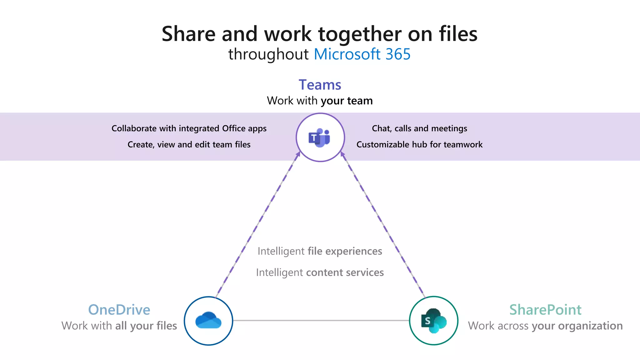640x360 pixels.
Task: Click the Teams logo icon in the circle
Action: [x=320, y=137]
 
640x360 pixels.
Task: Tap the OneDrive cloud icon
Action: [x=208, y=321]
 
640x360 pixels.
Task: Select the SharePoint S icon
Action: [x=433, y=321]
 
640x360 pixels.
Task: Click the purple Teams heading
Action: [x=320, y=85]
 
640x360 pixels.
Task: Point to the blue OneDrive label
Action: [x=119, y=310]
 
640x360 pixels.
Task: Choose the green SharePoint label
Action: [x=545, y=310]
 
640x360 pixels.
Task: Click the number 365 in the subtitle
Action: [x=398, y=54]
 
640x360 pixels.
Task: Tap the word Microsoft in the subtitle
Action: [x=347, y=54]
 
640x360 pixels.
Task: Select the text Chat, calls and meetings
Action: [x=419, y=128]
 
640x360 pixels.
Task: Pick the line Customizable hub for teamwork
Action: [x=419, y=144]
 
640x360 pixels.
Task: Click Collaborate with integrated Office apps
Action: [x=189, y=128]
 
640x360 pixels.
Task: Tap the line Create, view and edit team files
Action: [x=189, y=144]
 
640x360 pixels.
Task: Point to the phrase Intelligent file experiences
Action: [x=320, y=251]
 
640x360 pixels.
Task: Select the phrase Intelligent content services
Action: [x=320, y=272]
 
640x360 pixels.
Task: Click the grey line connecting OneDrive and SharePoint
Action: [x=321, y=320]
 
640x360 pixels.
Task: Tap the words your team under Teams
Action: [x=347, y=101]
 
